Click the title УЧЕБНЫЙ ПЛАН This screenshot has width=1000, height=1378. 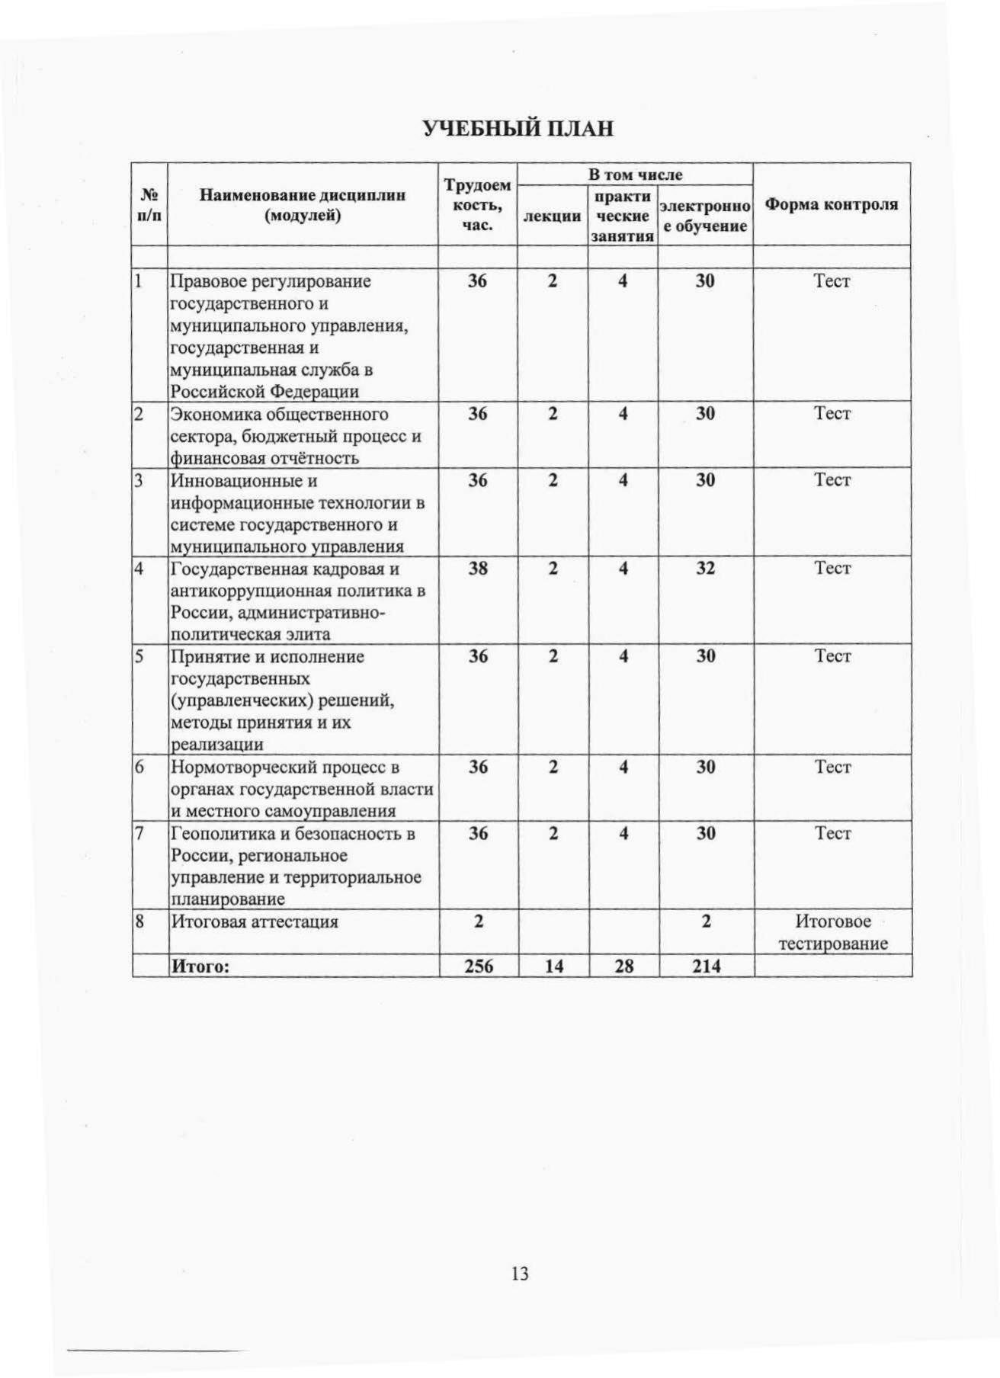[x=518, y=128]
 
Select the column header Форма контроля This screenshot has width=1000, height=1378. [x=832, y=204]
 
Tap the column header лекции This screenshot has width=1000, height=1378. [x=552, y=216]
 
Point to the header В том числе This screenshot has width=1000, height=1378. [x=635, y=175]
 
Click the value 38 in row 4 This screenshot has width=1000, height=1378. [x=478, y=569]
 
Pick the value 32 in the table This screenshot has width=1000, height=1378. [x=705, y=569]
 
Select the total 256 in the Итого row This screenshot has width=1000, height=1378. [x=479, y=966]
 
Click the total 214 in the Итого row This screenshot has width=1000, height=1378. [x=707, y=966]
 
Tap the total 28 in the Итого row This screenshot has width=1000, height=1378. [x=624, y=966]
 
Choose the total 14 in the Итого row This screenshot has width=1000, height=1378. [x=554, y=966]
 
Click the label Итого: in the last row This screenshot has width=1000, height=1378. [x=200, y=966]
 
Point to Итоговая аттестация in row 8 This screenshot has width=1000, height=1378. [x=255, y=922]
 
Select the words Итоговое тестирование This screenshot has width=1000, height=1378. [x=833, y=933]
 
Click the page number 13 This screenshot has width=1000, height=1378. [x=520, y=1274]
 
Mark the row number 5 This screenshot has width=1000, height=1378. [x=139, y=657]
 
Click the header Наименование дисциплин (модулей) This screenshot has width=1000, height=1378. [x=303, y=205]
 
